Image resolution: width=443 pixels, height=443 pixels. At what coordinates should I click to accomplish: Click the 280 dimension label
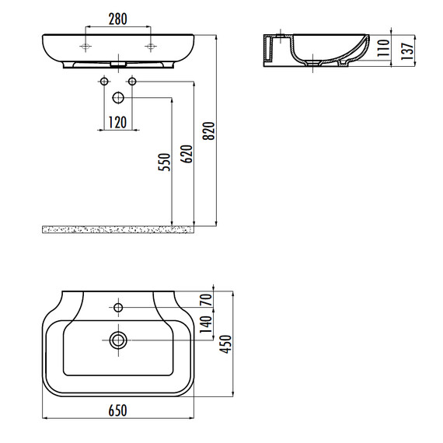pos(118,19)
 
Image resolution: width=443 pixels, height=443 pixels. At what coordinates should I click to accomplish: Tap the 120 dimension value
pos(117,123)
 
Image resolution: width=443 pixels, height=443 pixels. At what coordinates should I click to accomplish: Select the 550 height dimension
pos(165,162)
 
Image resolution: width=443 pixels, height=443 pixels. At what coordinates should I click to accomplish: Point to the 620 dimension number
pos(187,154)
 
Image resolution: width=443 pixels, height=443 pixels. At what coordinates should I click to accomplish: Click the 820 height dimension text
pos(209,131)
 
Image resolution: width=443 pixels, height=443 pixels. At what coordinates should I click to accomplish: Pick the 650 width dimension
pos(118,411)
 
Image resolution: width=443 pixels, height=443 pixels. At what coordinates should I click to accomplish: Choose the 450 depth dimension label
pos(225,344)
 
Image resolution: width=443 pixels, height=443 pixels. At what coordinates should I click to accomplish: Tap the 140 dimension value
pos(206,324)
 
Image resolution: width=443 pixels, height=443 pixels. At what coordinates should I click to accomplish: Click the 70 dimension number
pos(206,300)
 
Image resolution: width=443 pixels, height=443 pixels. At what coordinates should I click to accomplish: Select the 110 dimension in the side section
pos(383,48)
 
